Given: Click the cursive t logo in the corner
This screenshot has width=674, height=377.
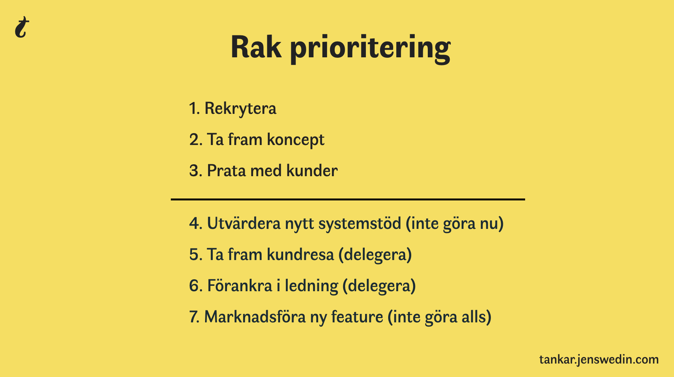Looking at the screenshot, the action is point(22,27).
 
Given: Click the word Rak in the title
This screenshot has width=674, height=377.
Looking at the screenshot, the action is point(256,47).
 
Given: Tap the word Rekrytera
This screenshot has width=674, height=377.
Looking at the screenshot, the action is point(240,109).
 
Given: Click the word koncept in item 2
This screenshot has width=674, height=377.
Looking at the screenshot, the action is point(295,140).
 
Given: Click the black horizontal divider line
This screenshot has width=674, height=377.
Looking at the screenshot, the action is point(348,199).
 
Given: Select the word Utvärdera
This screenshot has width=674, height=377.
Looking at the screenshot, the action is point(244,223).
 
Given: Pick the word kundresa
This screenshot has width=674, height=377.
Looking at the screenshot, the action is point(300,254).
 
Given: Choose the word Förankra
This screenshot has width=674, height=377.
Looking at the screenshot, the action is point(240,285).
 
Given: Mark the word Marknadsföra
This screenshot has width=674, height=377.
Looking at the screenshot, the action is point(255,317).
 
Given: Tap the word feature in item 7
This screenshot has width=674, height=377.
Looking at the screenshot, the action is point(357,317).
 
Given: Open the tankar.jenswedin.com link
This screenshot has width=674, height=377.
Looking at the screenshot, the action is point(599,360).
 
